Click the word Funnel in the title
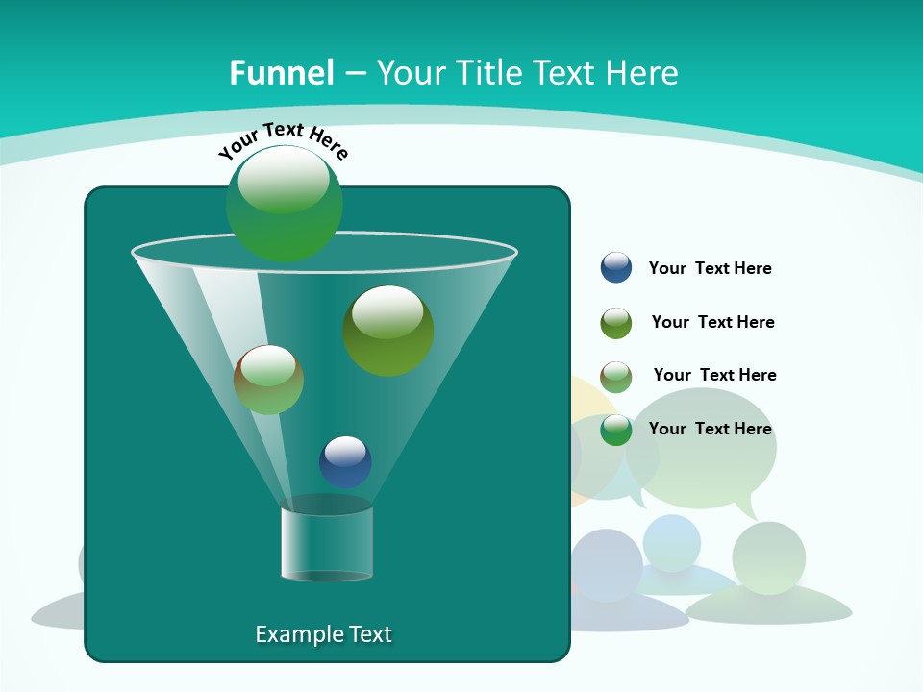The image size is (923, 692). [x=282, y=73]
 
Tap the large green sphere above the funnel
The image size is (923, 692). [x=284, y=203]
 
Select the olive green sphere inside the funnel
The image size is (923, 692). [x=387, y=331]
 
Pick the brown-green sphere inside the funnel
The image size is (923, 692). [x=268, y=380]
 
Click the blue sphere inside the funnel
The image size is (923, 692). [x=345, y=461]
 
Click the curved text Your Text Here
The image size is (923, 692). [x=283, y=140]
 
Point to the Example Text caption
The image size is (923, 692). [x=324, y=634]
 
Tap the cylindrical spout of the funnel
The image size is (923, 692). [x=327, y=544]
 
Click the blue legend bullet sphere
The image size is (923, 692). [x=616, y=267]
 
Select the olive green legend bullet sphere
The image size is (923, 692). [x=616, y=323]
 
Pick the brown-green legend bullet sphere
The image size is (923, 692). [x=616, y=377]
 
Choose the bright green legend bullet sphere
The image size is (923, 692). [x=616, y=430]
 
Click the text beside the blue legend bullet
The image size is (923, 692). [x=710, y=268]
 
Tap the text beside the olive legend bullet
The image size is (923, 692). [x=712, y=322]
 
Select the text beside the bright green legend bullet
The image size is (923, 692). [x=710, y=429]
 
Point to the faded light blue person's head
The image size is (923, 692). [x=672, y=543]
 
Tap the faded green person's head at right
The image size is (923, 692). [x=768, y=557]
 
